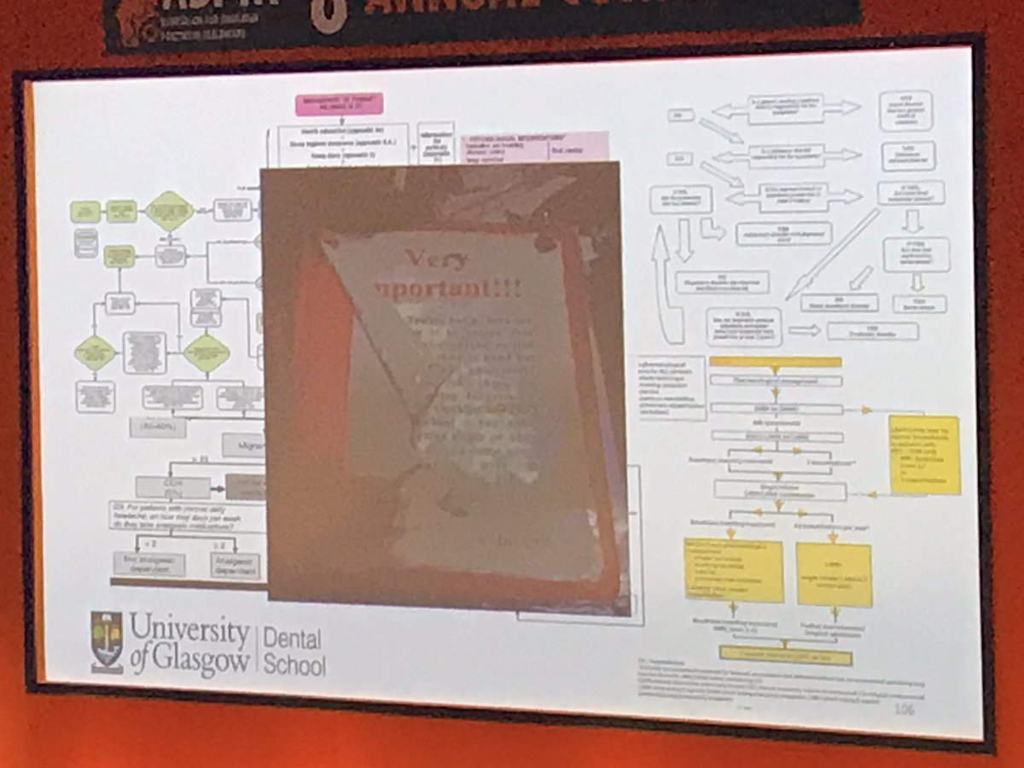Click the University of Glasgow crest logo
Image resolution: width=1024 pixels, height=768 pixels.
[x=107, y=643]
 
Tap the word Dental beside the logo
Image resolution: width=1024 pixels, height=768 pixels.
[x=292, y=638]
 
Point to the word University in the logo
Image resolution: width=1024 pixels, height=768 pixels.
[x=189, y=630]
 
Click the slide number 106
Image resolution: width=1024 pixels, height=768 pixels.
[x=904, y=709]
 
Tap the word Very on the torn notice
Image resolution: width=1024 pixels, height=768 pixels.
[x=437, y=259]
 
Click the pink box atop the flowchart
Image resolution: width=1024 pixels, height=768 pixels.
[x=339, y=104]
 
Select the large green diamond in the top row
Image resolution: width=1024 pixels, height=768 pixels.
[x=169, y=211]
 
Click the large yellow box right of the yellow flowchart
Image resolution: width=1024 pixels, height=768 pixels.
[x=924, y=454]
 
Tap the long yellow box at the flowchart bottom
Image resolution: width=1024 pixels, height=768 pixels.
[x=785, y=655]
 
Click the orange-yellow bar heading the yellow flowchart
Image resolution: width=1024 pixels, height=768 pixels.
[x=775, y=362]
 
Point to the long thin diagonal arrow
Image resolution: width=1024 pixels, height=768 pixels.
[x=832, y=254]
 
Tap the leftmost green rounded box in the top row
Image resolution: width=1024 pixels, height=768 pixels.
[x=85, y=211]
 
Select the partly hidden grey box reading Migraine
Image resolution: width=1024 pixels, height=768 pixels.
[x=243, y=445]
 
